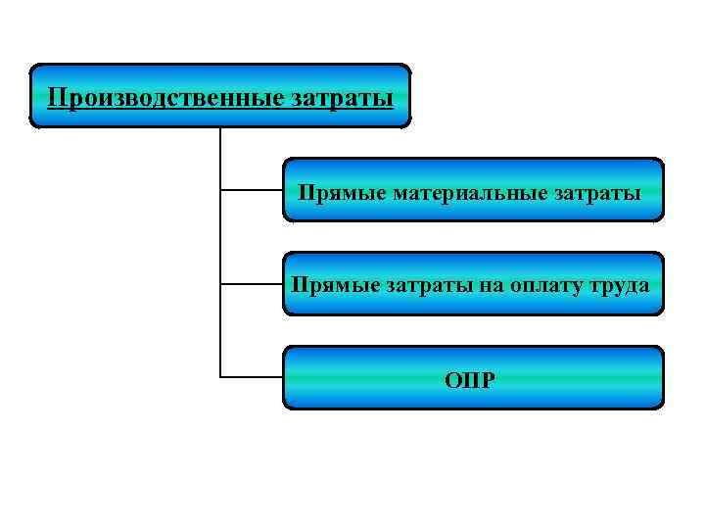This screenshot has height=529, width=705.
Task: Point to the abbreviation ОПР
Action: click(473, 378)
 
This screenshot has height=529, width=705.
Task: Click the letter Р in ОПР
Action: click(489, 378)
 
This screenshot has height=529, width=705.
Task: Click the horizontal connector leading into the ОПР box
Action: click(253, 377)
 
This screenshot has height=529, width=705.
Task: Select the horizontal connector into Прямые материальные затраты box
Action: click(253, 189)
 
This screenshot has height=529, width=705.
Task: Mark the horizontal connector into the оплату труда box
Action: click(253, 284)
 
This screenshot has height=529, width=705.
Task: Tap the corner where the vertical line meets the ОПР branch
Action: click(221, 377)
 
